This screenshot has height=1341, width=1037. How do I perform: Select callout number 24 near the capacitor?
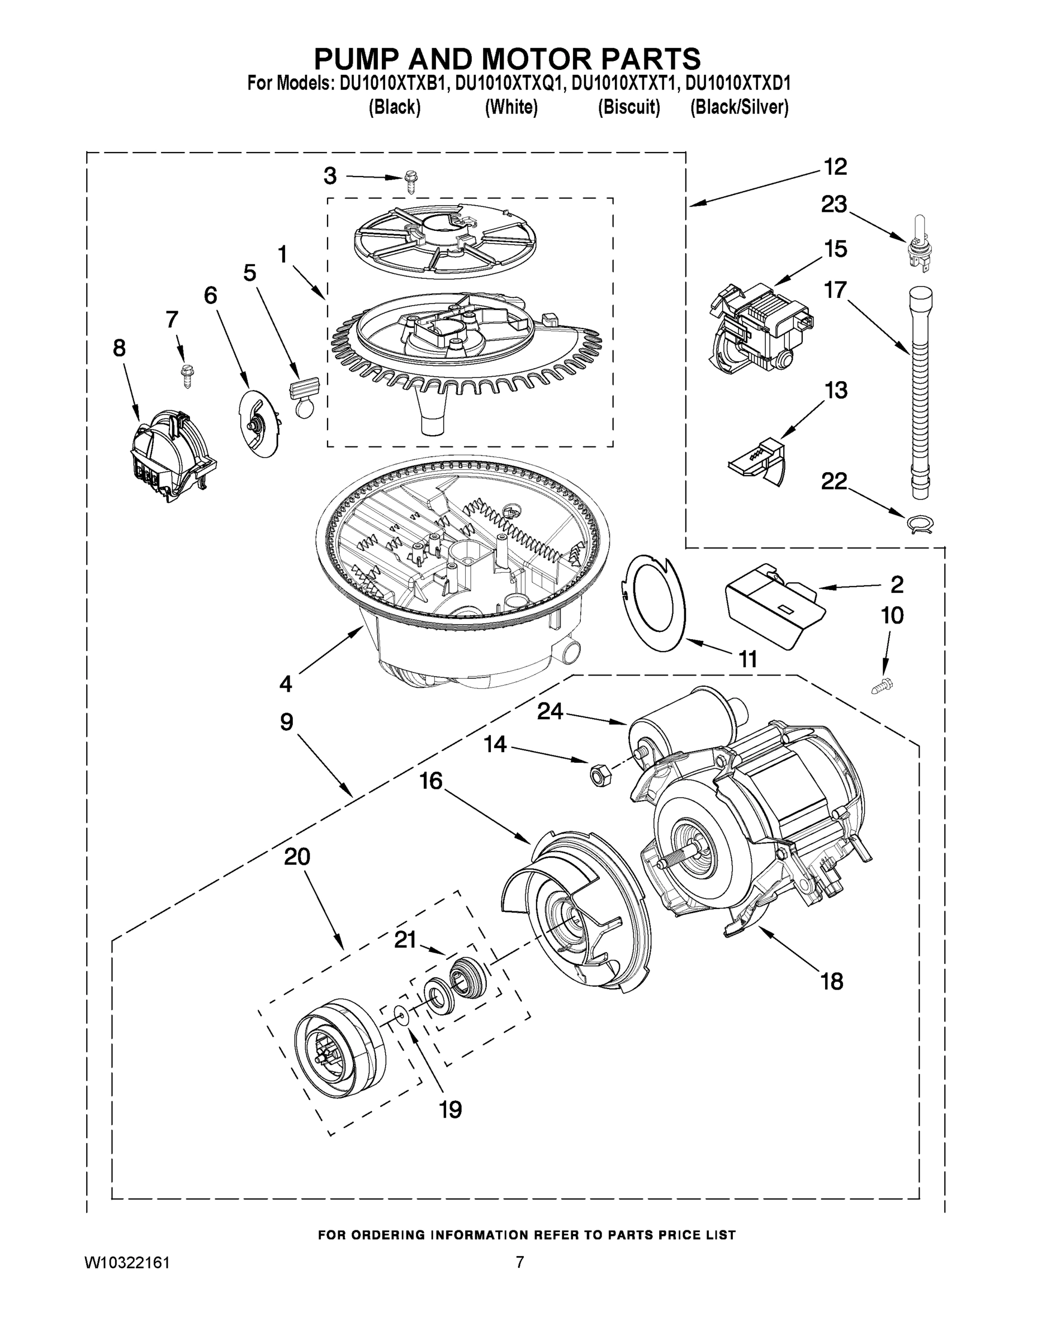[550, 711]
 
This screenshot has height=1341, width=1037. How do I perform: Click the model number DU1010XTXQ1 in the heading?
[509, 83]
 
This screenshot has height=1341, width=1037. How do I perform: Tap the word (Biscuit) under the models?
[629, 107]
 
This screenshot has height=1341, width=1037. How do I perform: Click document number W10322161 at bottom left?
[127, 1262]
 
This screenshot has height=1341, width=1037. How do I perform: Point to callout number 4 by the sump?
[286, 683]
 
